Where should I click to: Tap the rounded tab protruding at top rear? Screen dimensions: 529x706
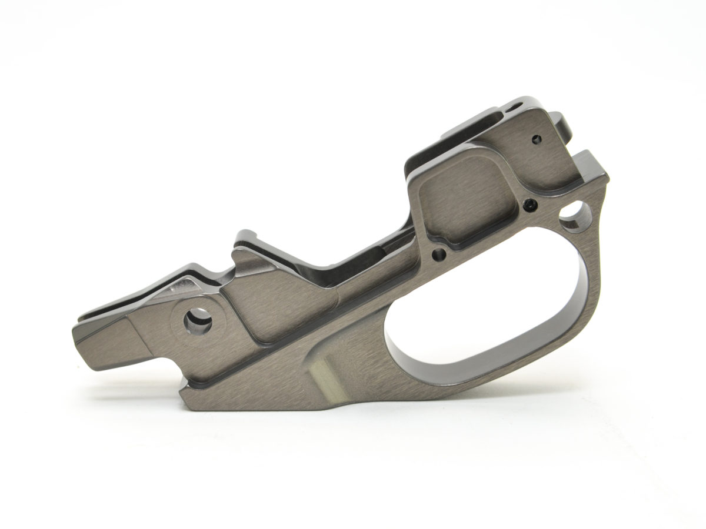pyautogui.click(x=566, y=126)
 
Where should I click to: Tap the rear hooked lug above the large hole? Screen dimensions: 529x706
pyautogui.click(x=591, y=168)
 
